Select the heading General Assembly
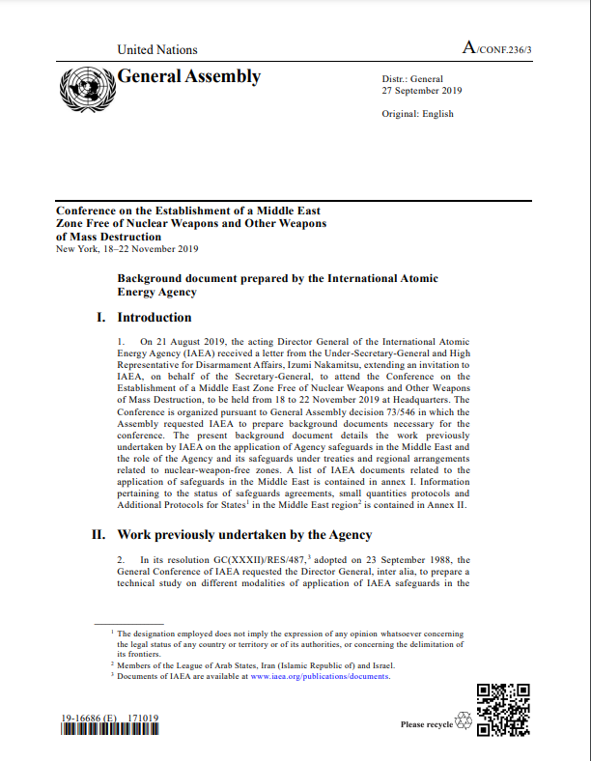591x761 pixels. pyautogui.click(x=188, y=76)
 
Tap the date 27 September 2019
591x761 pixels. pyautogui.click(x=422, y=91)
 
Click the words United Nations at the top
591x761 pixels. pyautogui.click(x=156, y=49)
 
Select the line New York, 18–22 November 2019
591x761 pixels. pyautogui.click(x=127, y=249)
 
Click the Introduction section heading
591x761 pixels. pyautogui.click(x=155, y=317)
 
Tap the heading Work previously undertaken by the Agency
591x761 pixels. pyautogui.click(x=245, y=534)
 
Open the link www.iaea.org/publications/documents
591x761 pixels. pyautogui.click(x=320, y=676)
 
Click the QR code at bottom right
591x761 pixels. pyautogui.click(x=504, y=709)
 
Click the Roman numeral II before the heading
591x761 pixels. pyautogui.click(x=98, y=534)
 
